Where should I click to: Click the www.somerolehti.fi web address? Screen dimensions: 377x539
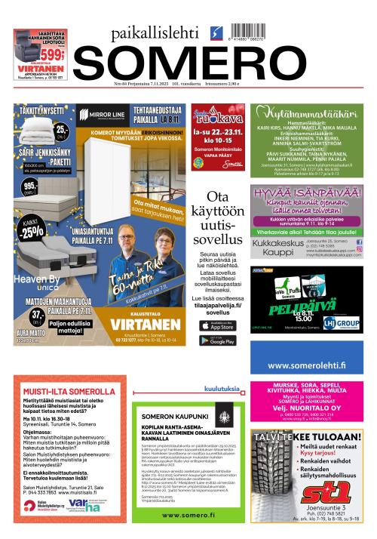click(307, 365)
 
